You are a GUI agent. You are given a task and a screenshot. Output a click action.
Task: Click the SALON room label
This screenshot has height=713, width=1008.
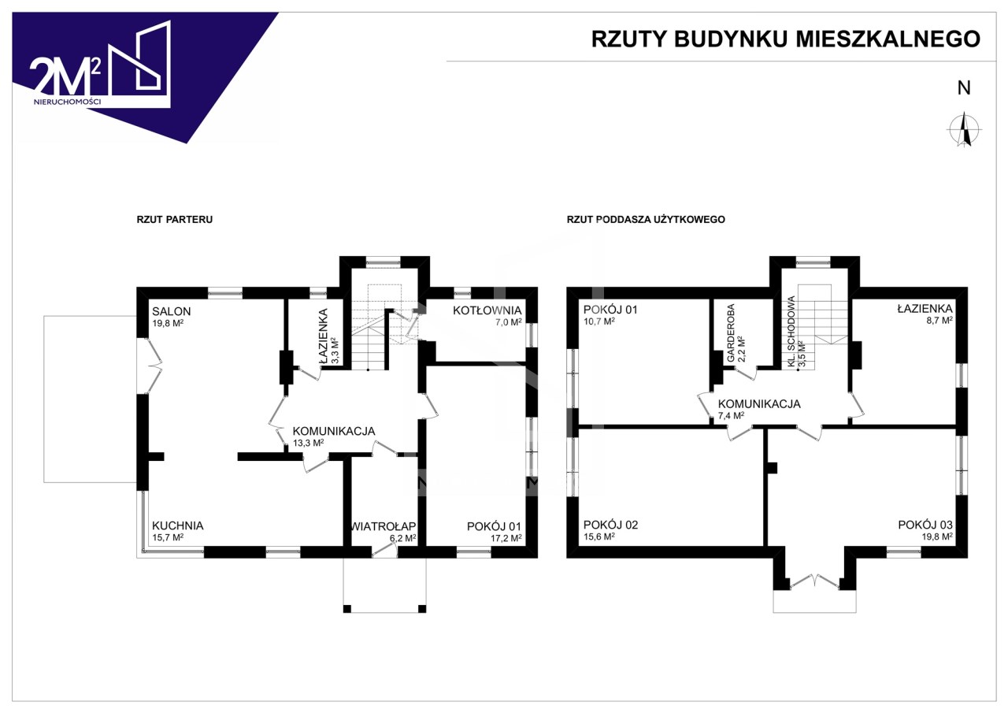point(171,311)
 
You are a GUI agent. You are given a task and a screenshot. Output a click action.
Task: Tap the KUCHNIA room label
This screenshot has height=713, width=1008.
point(178,525)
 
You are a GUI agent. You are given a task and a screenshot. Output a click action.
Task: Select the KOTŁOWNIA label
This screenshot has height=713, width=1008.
point(487,310)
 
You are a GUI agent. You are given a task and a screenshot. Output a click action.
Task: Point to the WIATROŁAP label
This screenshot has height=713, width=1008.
point(384,525)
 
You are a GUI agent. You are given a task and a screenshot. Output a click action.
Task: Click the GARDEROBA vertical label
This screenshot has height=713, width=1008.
point(731,333)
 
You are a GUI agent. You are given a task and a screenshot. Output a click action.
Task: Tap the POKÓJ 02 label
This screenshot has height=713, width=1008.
point(610,525)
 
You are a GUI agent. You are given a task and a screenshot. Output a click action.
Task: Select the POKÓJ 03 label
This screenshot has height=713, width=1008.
point(925,525)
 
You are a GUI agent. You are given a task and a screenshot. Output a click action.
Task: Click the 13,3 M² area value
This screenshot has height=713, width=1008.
point(309,443)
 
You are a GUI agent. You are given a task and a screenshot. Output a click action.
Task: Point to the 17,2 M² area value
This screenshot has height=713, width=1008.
point(506,537)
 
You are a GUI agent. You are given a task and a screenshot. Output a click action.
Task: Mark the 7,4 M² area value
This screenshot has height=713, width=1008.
point(732,416)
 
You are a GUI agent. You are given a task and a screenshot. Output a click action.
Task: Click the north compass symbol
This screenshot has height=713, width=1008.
point(964,129)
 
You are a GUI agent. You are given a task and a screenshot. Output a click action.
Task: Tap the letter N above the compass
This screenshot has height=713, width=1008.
point(964,88)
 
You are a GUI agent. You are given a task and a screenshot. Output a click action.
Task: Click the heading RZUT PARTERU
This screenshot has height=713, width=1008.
point(175,220)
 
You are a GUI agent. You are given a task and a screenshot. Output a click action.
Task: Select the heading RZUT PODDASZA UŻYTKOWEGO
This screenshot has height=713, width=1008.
point(646,220)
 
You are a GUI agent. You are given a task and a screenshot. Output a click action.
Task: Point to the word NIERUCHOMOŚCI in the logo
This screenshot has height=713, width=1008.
point(68,102)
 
